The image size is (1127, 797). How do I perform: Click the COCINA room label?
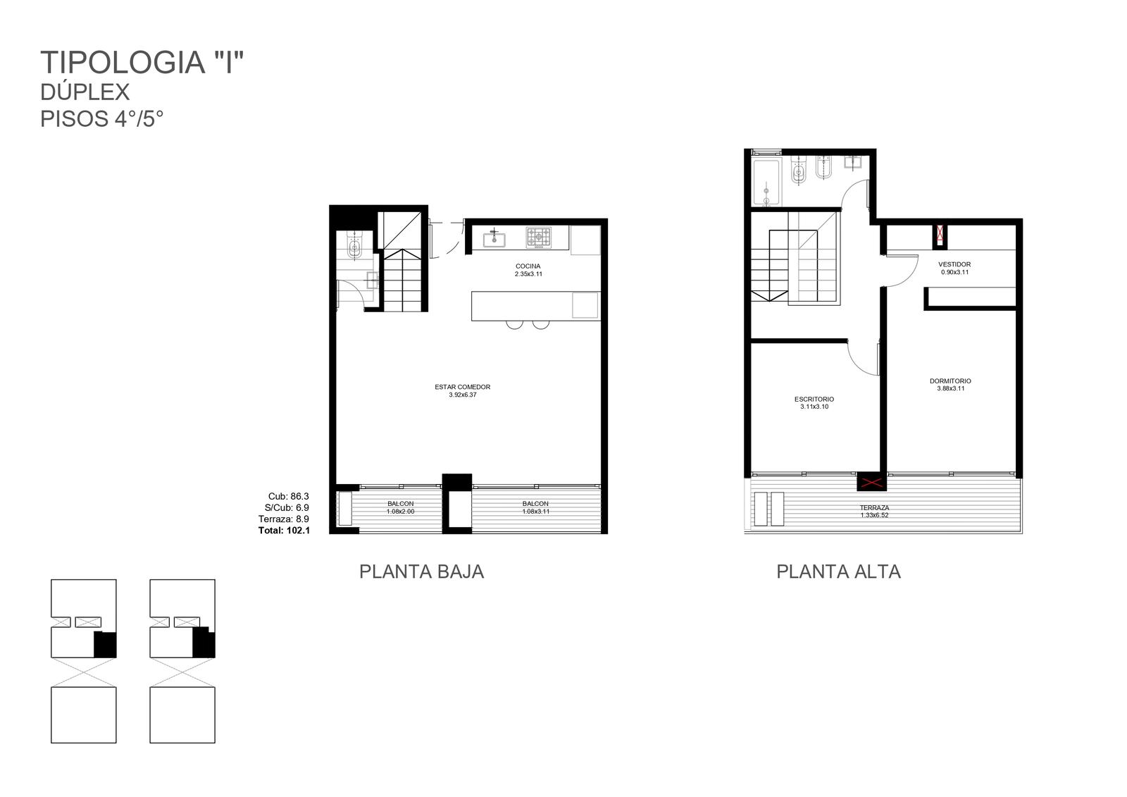pyautogui.click(x=528, y=266)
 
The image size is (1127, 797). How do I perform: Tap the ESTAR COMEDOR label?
pyautogui.click(x=462, y=387)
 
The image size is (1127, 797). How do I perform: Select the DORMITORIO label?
pyautogui.click(x=950, y=381)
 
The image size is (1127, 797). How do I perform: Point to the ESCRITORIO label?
pyautogui.click(x=814, y=400)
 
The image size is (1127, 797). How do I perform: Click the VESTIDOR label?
pyautogui.click(x=954, y=264)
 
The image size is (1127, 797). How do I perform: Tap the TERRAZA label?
pyautogui.click(x=874, y=508)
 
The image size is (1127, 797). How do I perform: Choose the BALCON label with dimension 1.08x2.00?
pyautogui.click(x=401, y=503)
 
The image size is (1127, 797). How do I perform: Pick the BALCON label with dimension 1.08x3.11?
pyautogui.click(x=535, y=503)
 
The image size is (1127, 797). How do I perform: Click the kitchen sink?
pyautogui.click(x=494, y=238)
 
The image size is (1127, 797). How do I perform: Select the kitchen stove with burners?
pyautogui.click(x=538, y=237)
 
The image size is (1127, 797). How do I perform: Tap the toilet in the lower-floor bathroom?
pyautogui.click(x=354, y=246)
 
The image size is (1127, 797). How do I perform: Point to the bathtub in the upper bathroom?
pyautogui.click(x=766, y=182)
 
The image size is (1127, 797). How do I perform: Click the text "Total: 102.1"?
pyautogui.click(x=284, y=530)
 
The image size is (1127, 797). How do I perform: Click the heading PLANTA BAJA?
pyautogui.click(x=422, y=572)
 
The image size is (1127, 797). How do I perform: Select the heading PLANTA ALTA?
pyautogui.click(x=838, y=572)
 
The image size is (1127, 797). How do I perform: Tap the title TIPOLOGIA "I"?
pyautogui.click(x=142, y=63)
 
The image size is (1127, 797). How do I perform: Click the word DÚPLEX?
pyautogui.click(x=85, y=92)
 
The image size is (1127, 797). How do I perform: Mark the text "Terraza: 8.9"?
pyautogui.click(x=284, y=519)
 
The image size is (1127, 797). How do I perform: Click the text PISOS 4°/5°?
pyautogui.click(x=102, y=119)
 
